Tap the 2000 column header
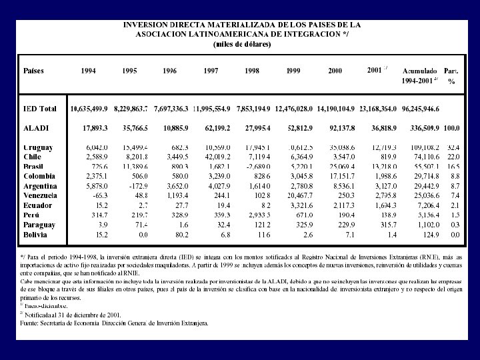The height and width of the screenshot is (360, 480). [335, 70]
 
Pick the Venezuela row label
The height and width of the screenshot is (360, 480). [40, 195]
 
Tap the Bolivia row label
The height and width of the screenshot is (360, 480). [35, 235]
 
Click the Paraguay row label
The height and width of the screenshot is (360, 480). [39, 225]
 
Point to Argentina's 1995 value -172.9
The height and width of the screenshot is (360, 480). [137, 186]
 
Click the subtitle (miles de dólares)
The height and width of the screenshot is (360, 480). [242, 44]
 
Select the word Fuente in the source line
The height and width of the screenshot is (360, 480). [31, 323]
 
